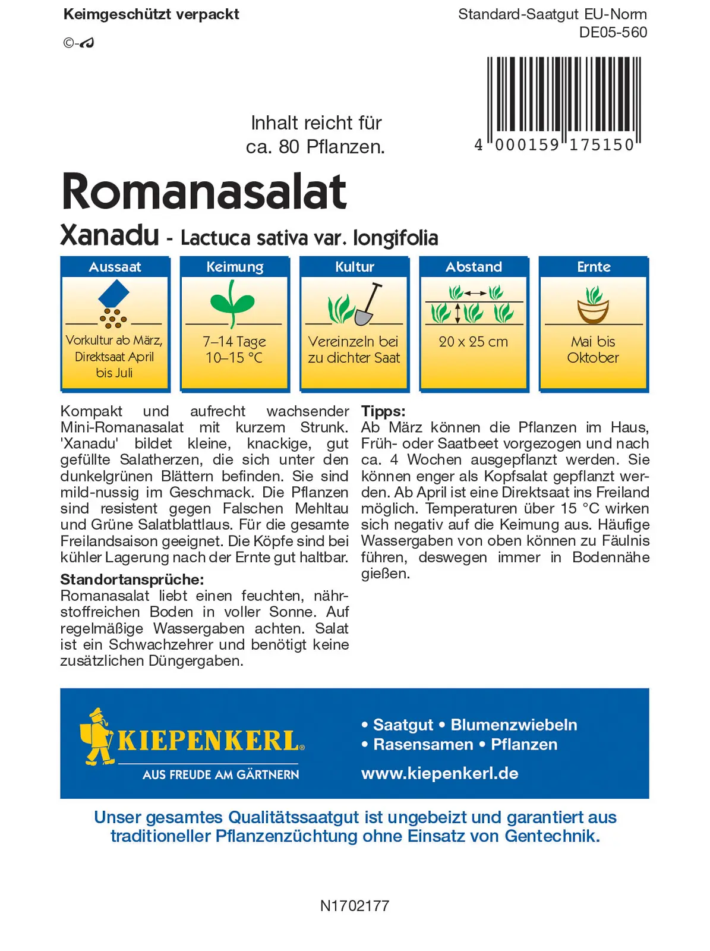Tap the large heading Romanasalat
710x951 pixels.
(x=204, y=191)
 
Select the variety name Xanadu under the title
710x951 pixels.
(x=110, y=235)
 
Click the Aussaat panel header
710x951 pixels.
(x=115, y=267)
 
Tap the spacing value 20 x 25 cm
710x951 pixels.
(x=473, y=342)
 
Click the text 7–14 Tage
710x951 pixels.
(x=234, y=342)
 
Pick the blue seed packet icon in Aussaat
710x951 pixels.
(x=113, y=293)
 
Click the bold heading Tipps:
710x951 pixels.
(x=383, y=411)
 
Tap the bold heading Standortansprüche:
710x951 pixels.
(x=132, y=580)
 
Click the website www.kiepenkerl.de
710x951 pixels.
(x=440, y=773)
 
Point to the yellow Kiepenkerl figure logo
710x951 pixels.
(x=97, y=736)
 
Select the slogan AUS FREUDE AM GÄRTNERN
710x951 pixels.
(x=220, y=774)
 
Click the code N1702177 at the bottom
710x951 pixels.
(x=355, y=906)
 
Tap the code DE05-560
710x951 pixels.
(x=613, y=32)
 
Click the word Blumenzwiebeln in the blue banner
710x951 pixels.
(x=514, y=725)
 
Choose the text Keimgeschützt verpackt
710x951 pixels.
(x=151, y=14)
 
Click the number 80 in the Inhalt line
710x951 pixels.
(x=289, y=147)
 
